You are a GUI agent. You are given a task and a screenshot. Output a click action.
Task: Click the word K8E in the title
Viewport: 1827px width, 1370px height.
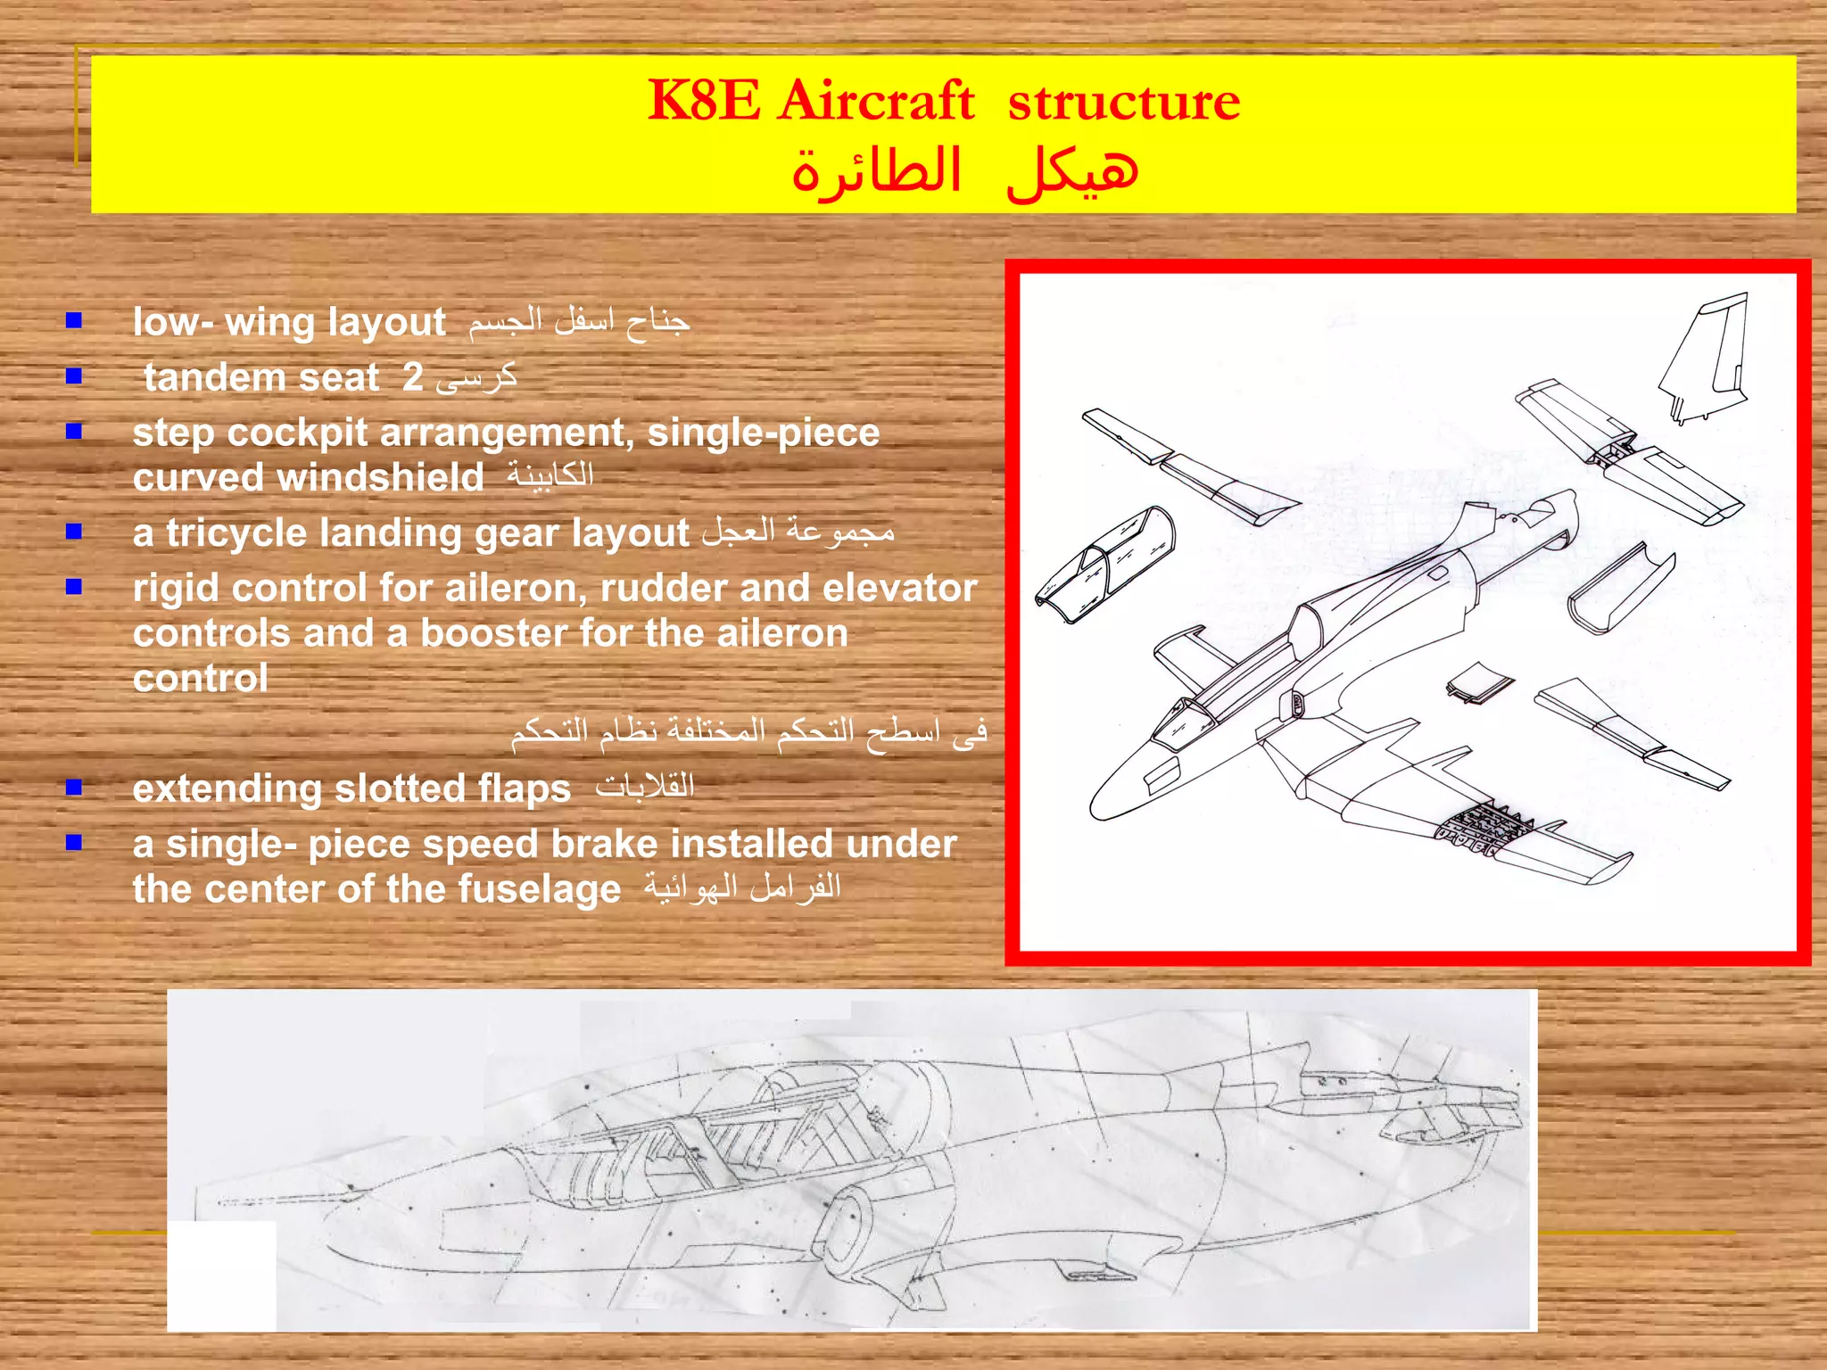pyautogui.click(x=704, y=100)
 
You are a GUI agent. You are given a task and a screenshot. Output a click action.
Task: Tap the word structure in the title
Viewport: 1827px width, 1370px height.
pyautogui.click(x=1123, y=102)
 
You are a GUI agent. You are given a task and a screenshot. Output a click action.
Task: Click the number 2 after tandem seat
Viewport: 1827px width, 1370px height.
pyautogui.click(x=412, y=377)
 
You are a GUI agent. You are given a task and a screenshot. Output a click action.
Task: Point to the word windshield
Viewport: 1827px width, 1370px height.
pyautogui.click(x=381, y=478)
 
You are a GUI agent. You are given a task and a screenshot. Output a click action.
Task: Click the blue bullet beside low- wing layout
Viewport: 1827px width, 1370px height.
pyautogui.click(x=74, y=320)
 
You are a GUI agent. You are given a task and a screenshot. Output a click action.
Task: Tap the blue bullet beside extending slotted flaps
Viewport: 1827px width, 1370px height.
pyautogui.click(x=74, y=787)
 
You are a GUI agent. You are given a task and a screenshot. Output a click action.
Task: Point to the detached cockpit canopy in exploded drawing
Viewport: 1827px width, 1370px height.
pyautogui.click(x=1106, y=562)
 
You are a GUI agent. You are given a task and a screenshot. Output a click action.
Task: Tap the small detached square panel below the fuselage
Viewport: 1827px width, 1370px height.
pyautogui.click(x=1478, y=682)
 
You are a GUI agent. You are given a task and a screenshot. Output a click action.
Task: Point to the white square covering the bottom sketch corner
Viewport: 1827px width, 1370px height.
pyautogui.click(x=222, y=1275)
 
